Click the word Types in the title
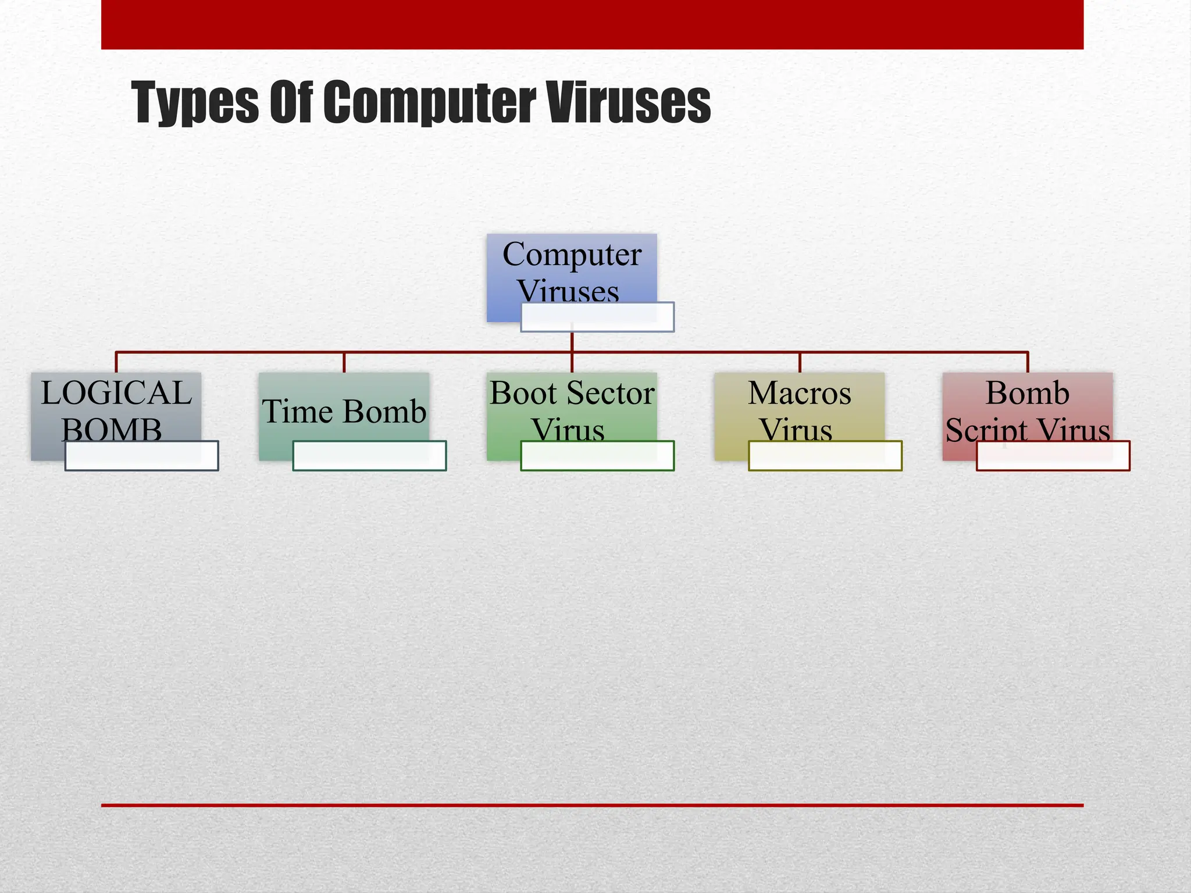point(194,102)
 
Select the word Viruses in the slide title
point(629,102)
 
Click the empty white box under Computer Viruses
point(597,317)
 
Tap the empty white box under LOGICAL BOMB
point(141,456)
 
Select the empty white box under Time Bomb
point(369,456)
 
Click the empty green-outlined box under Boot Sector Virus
point(597,456)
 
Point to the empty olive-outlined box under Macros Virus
point(825,456)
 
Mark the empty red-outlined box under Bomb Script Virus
point(1053,456)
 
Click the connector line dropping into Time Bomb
point(344,362)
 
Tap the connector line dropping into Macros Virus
point(800,362)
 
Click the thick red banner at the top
point(592,24)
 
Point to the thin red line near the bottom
point(592,805)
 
